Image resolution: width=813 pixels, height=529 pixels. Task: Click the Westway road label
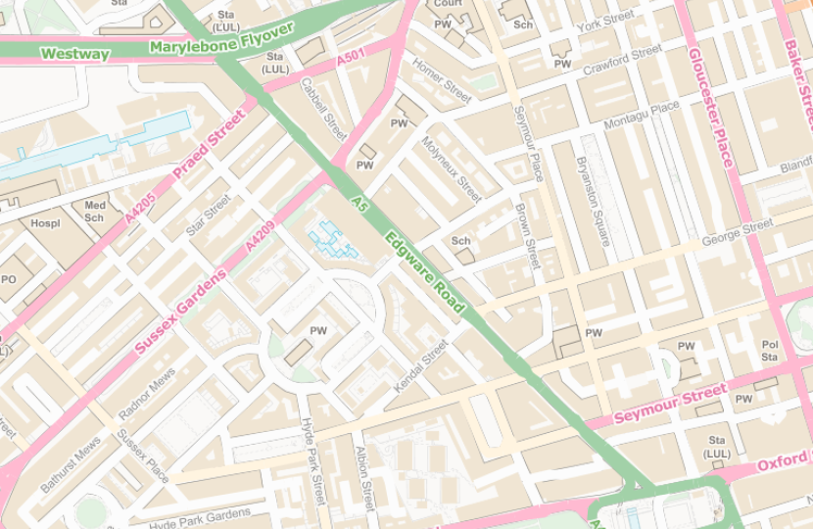click(74, 54)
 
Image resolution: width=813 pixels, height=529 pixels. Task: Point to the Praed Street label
click(209, 145)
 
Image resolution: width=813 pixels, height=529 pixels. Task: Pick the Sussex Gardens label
click(181, 311)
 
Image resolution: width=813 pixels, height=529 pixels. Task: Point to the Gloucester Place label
click(710, 108)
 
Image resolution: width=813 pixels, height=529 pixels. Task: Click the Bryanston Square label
click(594, 201)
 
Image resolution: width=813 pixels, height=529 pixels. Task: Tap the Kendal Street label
click(420, 367)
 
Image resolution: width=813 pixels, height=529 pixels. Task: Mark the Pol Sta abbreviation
click(770, 351)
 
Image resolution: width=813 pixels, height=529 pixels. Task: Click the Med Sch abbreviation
click(94, 211)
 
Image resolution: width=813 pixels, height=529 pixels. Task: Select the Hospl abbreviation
click(45, 223)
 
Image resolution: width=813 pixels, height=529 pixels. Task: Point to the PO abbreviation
click(9, 279)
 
